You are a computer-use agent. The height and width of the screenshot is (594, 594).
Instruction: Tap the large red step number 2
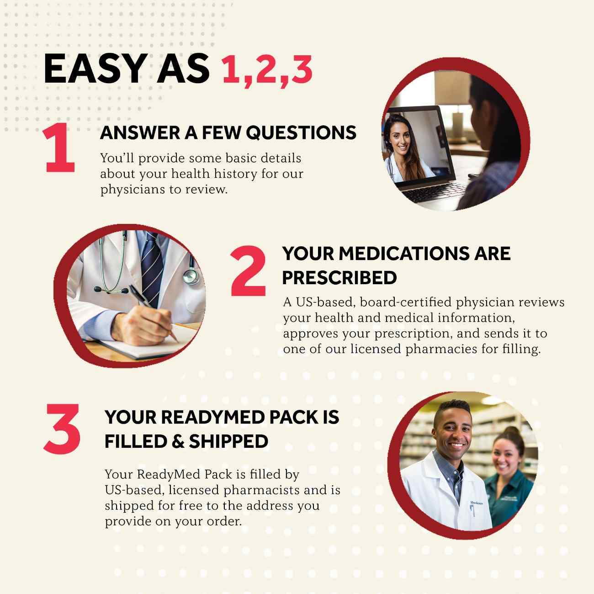click(x=248, y=270)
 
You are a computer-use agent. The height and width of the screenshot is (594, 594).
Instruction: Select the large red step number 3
click(x=63, y=429)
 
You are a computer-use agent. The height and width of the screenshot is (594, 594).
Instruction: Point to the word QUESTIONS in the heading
click(x=301, y=133)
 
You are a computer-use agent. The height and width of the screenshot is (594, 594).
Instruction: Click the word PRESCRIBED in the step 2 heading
click(x=339, y=277)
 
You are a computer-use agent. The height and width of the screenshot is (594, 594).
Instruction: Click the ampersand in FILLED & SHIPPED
click(x=176, y=441)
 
